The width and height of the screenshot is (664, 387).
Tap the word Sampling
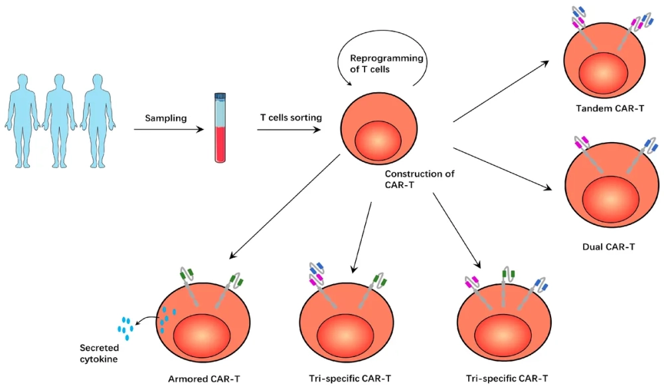[x=165, y=118]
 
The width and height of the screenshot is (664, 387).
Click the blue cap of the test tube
[x=220, y=97]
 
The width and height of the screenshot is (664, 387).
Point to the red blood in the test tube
[x=220, y=145]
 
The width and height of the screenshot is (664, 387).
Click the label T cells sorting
[x=291, y=117]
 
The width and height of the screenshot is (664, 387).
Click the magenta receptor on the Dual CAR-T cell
[x=582, y=141]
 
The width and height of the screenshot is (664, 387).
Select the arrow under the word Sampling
[x=171, y=129]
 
